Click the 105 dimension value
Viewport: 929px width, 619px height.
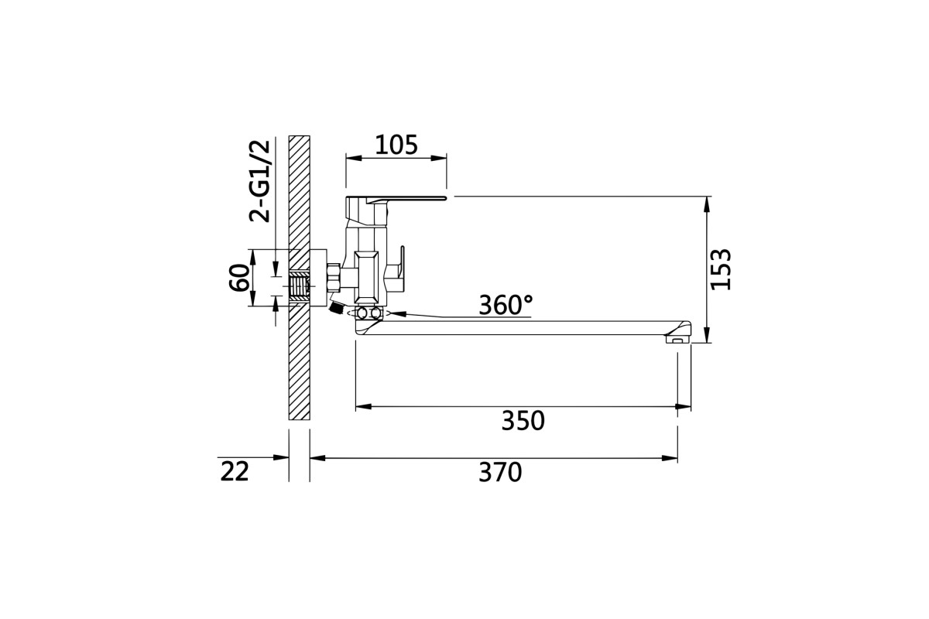pos(396,145)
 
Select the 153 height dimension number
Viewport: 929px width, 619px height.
pos(721,269)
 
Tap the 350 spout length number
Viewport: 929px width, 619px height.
pos(523,421)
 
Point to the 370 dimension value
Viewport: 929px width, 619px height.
pos(500,473)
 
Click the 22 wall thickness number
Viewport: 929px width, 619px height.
pos(235,472)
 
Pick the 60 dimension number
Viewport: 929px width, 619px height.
pos(239,277)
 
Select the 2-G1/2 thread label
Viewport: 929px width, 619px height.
pos(259,181)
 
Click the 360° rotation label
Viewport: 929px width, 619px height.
pos(506,305)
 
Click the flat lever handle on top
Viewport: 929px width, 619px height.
pos(396,199)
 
